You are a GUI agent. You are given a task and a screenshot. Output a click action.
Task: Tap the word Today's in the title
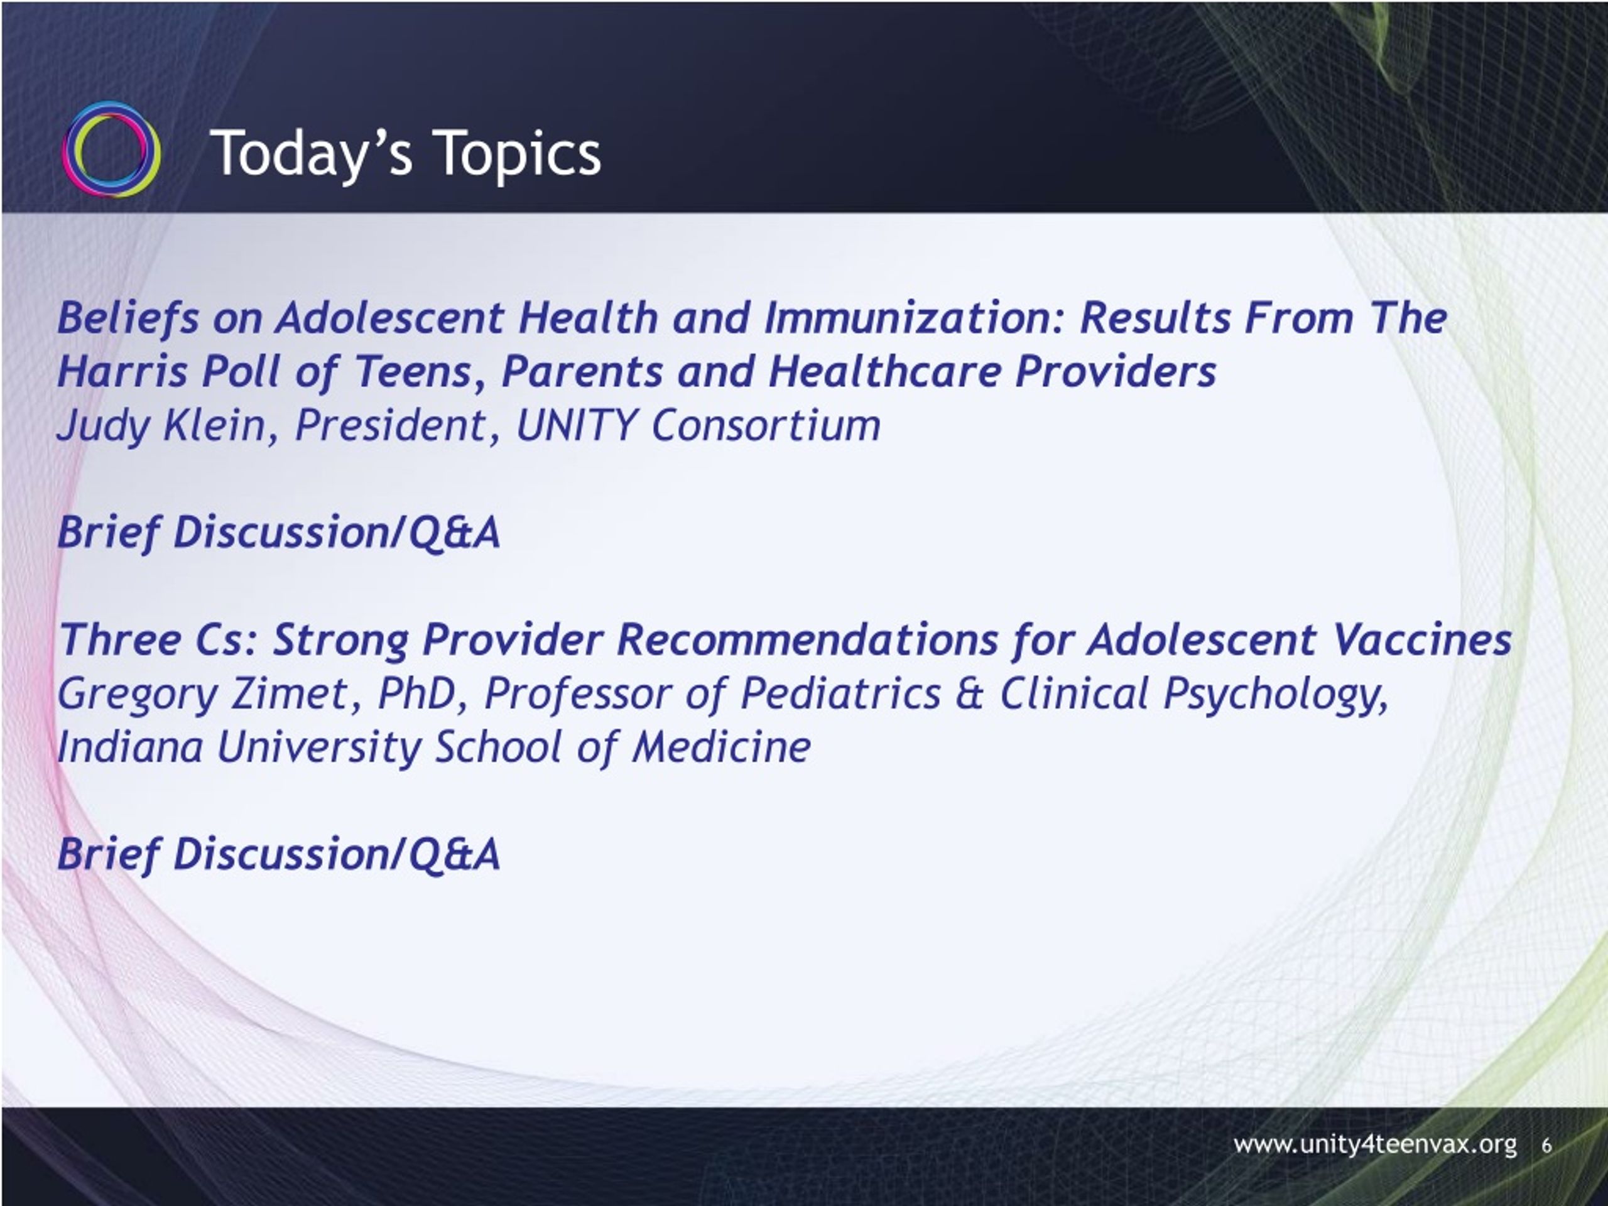click(x=314, y=153)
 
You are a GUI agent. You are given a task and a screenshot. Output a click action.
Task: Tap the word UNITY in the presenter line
click(x=578, y=425)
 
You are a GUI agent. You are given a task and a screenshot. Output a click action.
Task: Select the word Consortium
click(x=766, y=425)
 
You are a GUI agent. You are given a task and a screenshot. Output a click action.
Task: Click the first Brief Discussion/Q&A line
click(x=279, y=533)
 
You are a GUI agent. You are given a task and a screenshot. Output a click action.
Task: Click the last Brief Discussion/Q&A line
click(x=279, y=854)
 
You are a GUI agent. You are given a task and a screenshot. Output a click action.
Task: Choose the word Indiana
click(x=130, y=747)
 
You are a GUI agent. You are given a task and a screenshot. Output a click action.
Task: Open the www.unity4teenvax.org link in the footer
click(x=1374, y=1145)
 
